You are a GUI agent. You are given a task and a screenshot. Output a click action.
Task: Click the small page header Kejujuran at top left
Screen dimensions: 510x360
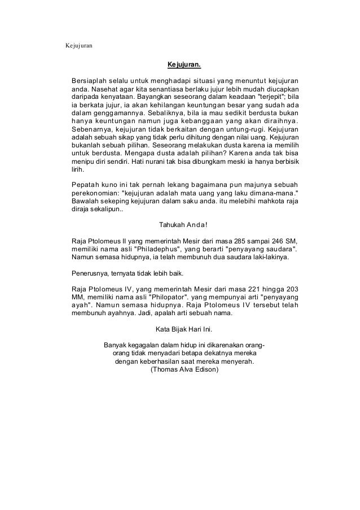tap(79, 44)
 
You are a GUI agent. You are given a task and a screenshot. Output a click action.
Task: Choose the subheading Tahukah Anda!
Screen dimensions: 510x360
tap(184, 224)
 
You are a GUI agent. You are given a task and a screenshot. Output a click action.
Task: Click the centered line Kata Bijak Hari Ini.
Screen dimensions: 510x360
tap(184, 329)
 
